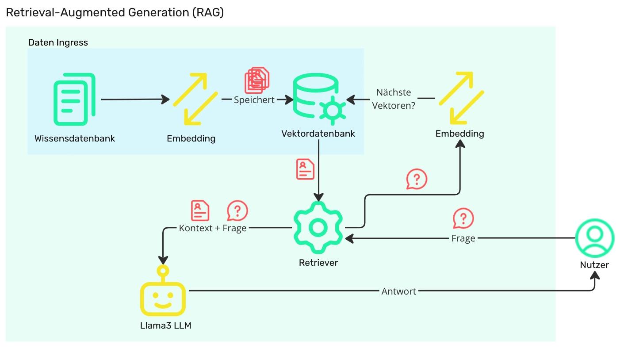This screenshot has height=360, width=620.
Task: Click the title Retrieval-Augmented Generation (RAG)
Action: pyautogui.click(x=115, y=13)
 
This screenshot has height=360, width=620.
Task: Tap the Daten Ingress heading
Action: pyautogui.click(x=58, y=42)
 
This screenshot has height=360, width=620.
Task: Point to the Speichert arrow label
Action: pyautogui.click(x=254, y=100)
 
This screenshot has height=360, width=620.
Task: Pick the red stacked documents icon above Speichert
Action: pyautogui.click(x=257, y=80)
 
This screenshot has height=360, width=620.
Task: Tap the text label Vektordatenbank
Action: pyautogui.click(x=318, y=134)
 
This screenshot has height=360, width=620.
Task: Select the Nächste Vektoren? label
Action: pyautogui.click(x=394, y=99)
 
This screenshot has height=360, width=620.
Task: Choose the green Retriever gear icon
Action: pyautogui.click(x=318, y=228)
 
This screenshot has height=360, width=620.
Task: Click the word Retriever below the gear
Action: pyautogui.click(x=318, y=263)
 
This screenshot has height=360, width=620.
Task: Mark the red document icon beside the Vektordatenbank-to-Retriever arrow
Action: pyautogui.click(x=305, y=169)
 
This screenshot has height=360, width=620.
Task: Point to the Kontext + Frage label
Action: pyautogui.click(x=213, y=228)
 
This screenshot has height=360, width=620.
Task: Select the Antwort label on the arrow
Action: pyautogui.click(x=398, y=291)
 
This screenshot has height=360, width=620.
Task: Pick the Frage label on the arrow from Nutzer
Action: pyautogui.click(x=463, y=238)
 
